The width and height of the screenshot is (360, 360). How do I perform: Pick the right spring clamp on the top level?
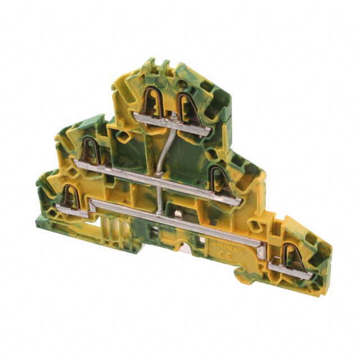pos(185,105)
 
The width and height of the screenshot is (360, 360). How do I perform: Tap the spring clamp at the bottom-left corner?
pos(72,195)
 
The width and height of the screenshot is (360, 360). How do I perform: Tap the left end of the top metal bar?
pos(138,116)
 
